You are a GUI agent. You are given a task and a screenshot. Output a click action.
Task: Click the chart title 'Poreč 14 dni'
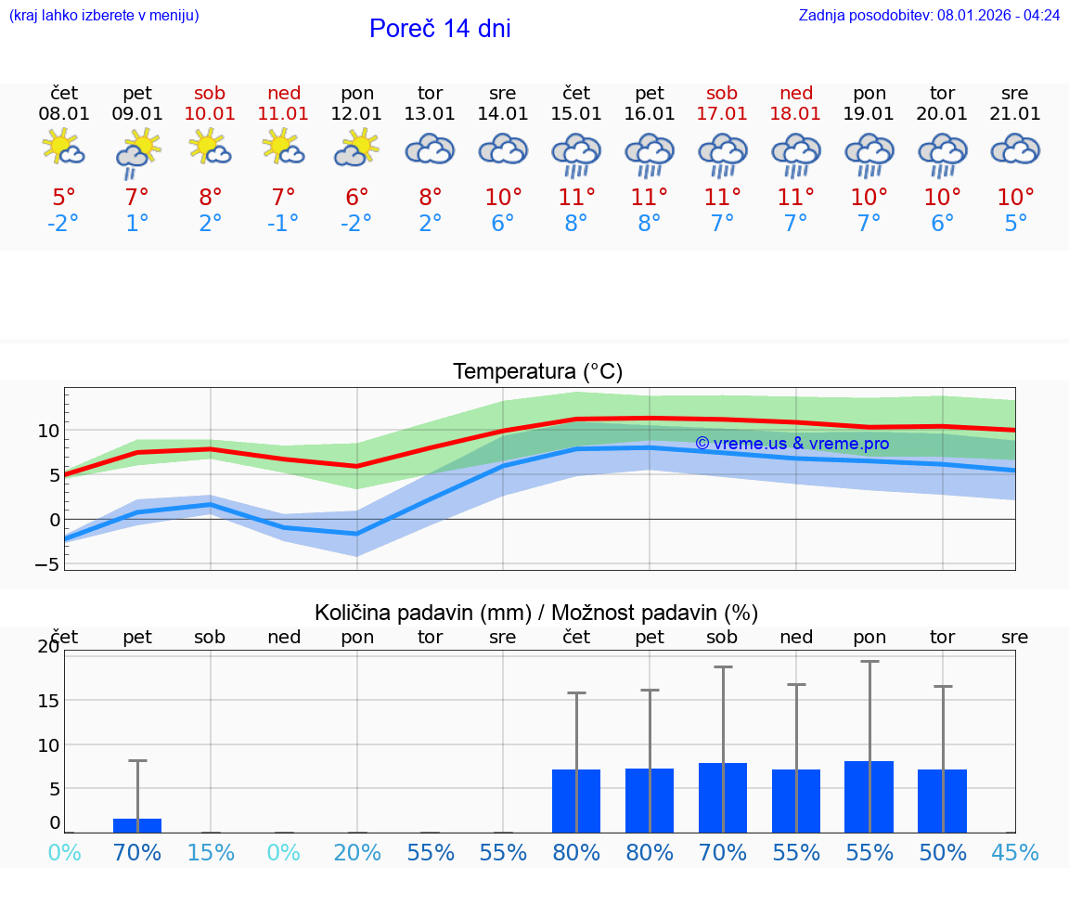[x=440, y=29]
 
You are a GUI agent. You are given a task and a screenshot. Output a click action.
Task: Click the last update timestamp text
[x=929, y=15]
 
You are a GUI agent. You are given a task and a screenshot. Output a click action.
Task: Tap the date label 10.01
[x=211, y=114]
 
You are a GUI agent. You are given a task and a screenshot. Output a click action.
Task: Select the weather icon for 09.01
[x=138, y=152]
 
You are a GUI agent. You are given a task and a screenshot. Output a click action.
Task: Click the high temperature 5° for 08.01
[x=64, y=198]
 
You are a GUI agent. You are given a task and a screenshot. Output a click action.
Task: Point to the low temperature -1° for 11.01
[x=283, y=224]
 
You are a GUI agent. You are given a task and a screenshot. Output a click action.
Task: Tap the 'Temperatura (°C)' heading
[x=537, y=372]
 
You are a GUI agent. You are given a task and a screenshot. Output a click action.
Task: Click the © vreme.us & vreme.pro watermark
[x=792, y=444]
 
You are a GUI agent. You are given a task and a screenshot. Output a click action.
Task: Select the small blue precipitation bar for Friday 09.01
[x=137, y=825]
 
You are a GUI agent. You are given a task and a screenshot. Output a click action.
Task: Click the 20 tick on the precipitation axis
[x=48, y=647]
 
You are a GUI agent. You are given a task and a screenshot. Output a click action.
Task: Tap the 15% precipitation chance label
[x=211, y=853]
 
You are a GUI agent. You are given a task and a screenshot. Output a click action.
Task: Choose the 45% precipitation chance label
[x=1015, y=853]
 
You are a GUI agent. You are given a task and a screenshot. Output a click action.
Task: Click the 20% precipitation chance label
[x=357, y=853]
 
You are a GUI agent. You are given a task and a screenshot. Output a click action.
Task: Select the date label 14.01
[x=503, y=114]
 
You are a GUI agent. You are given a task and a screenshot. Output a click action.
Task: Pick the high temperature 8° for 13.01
[x=430, y=198]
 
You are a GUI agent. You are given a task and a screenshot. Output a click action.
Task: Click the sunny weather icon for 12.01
[x=357, y=149]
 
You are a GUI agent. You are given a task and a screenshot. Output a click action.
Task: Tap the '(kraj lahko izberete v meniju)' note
[x=104, y=15]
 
